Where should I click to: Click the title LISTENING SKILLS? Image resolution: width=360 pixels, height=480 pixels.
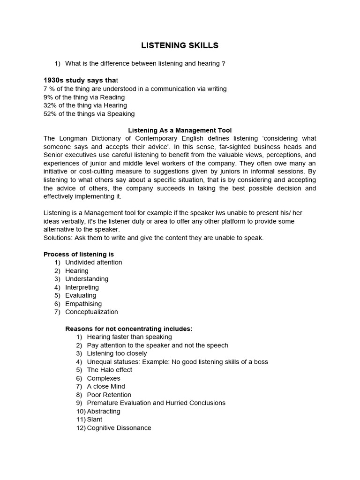[180, 45]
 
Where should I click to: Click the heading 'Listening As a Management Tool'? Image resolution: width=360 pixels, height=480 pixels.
[180, 130]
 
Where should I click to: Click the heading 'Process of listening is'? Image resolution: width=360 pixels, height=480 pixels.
[79, 254]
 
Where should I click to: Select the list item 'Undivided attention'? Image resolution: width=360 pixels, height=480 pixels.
[94, 262]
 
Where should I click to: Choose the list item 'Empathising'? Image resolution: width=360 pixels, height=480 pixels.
[83, 304]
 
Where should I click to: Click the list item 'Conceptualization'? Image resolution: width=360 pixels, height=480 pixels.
[91, 312]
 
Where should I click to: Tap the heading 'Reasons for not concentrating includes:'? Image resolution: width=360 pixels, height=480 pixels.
[129, 329]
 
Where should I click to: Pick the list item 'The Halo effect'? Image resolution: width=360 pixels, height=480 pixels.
[110, 370]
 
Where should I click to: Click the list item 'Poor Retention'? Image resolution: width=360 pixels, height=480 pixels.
[109, 395]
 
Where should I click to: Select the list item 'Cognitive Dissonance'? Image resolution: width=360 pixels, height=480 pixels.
[119, 428]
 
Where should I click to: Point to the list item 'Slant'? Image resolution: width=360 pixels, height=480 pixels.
[95, 420]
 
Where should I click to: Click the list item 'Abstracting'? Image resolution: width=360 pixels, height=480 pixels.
[104, 411]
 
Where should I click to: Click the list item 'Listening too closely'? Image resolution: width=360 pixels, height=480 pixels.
[117, 353]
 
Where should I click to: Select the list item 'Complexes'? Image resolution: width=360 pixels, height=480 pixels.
[104, 378]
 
